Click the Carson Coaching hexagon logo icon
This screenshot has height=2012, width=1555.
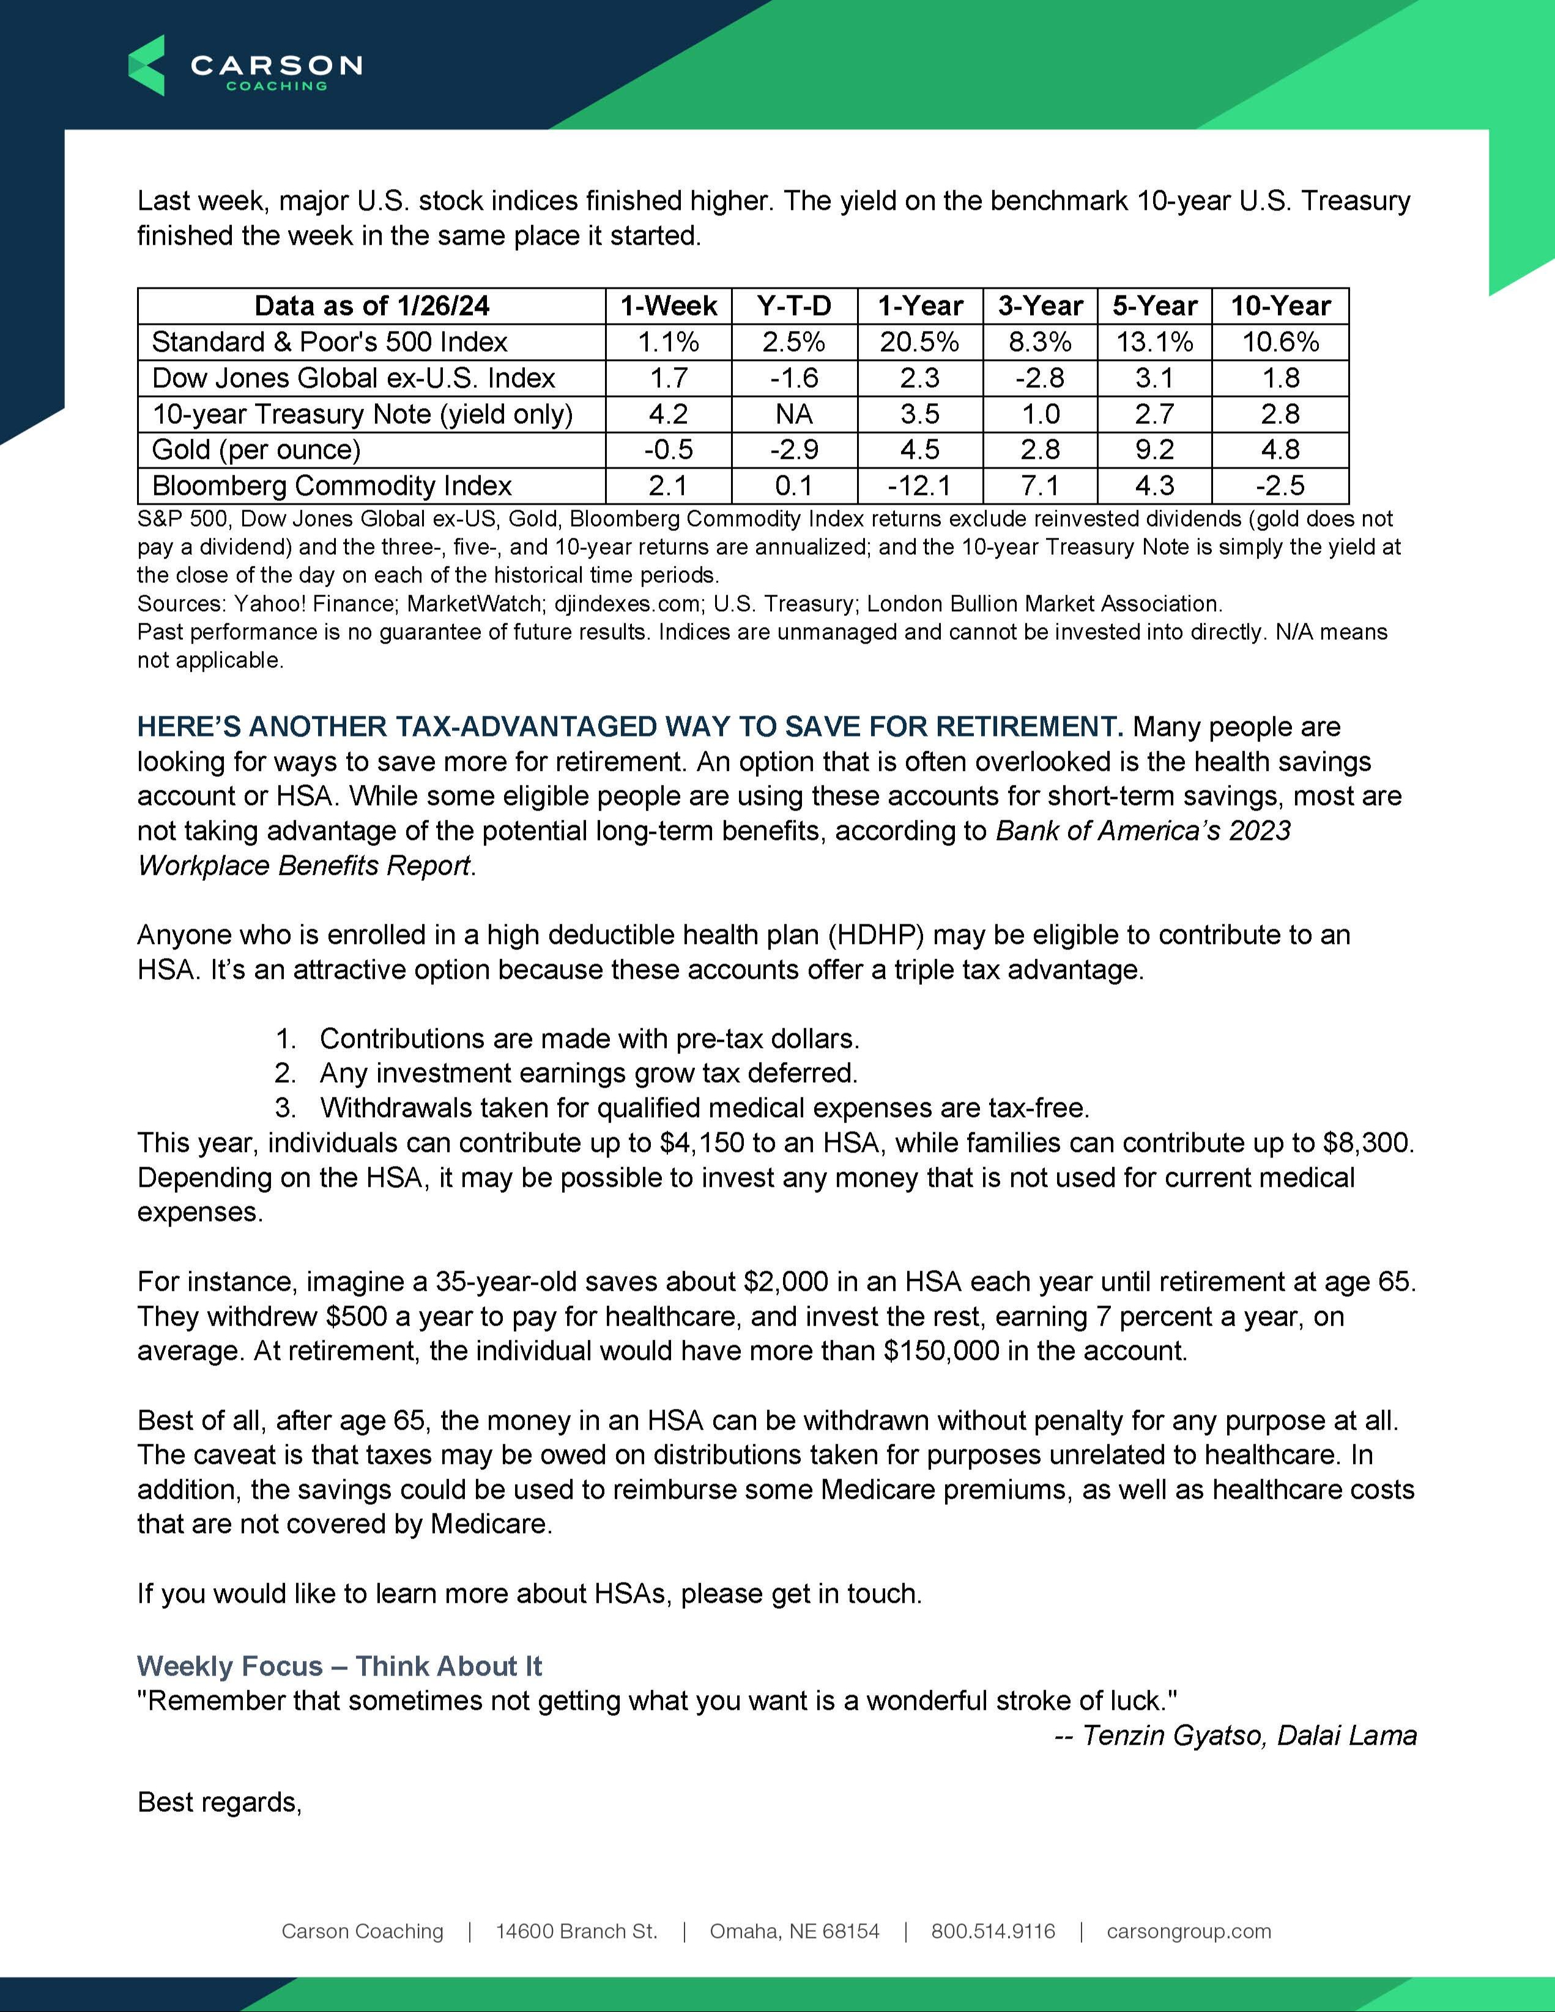point(147,65)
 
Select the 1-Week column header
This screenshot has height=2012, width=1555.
point(668,306)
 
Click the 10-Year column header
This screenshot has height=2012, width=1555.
point(1280,306)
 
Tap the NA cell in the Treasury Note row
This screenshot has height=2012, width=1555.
point(793,414)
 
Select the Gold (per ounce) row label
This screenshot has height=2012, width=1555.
point(256,450)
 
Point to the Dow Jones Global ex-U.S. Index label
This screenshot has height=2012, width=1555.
point(353,377)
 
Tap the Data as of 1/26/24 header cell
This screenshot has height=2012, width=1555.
point(371,306)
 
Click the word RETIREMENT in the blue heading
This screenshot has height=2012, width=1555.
point(1028,727)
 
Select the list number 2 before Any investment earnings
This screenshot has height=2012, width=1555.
point(284,1073)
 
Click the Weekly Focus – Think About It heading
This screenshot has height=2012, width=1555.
point(339,1666)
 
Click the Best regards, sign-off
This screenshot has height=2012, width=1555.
point(219,1802)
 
